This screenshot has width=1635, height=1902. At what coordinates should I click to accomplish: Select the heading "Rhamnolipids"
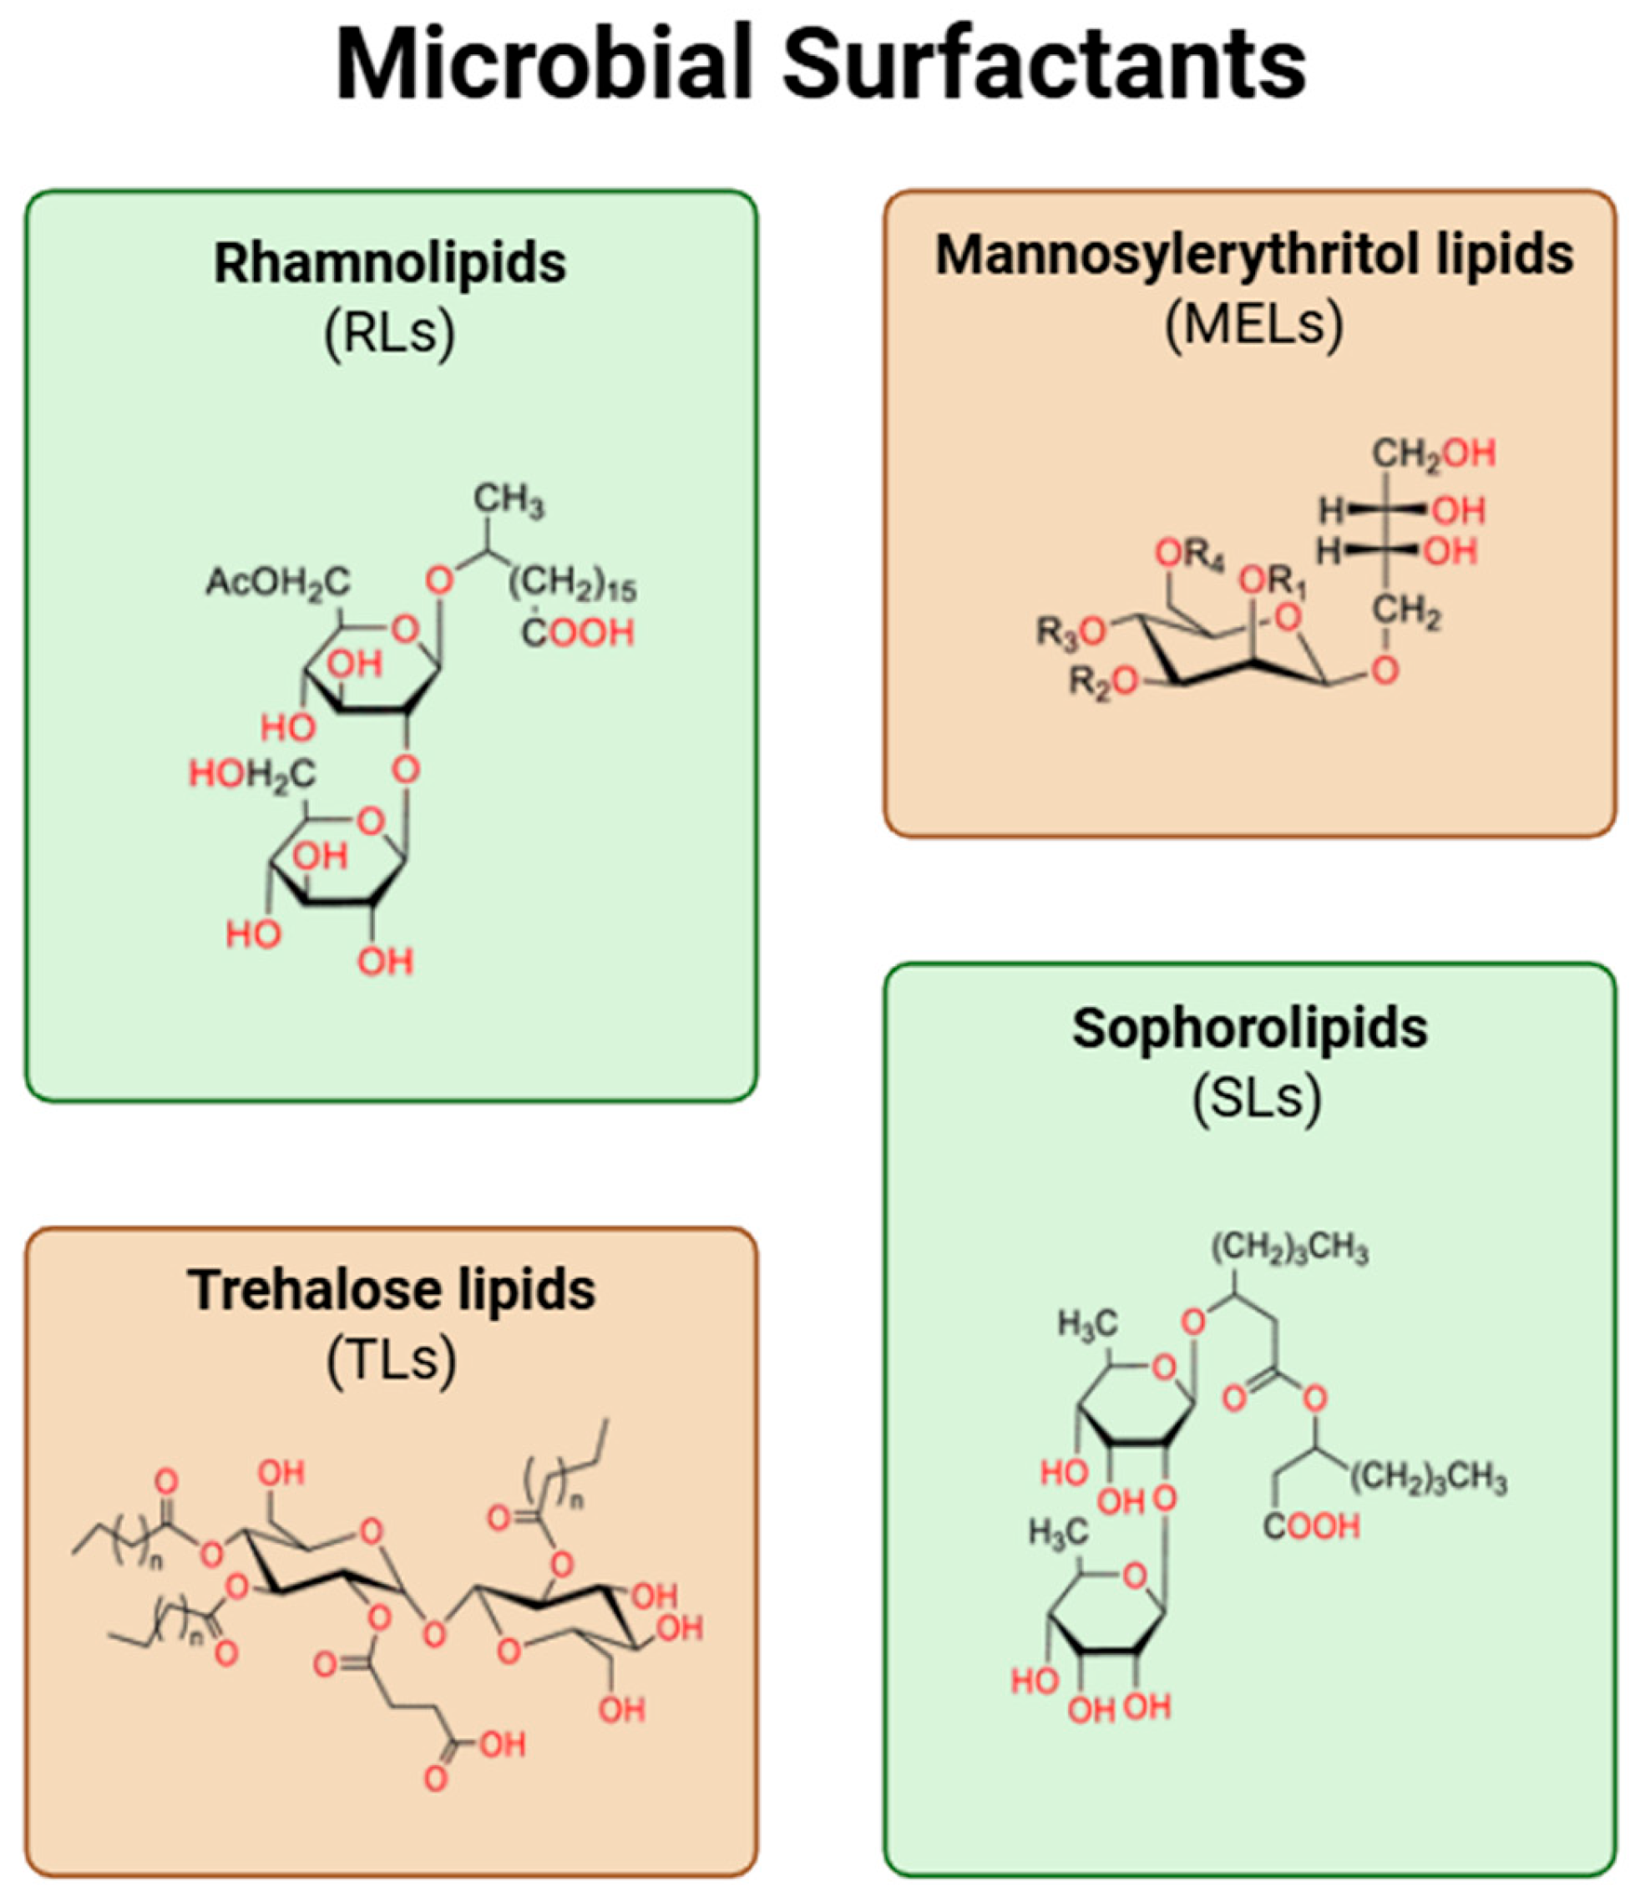pyautogui.click(x=390, y=264)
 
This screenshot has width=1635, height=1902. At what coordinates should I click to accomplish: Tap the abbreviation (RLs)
pyautogui.click(x=390, y=332)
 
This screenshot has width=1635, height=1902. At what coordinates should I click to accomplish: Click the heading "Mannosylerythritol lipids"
pyautogui.click(x=1254, y=255)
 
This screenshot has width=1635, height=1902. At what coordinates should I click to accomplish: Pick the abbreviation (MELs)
pyautogui.click(x=1254, y=323)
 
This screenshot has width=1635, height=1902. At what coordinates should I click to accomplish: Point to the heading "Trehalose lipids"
pyautogui.click(x=392, y=1290)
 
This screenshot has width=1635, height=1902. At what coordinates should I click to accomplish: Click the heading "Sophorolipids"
pyautogui.click(x=1250, y=1027)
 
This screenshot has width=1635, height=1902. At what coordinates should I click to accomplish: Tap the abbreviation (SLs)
pyautogui.click(x=1256, y=1097)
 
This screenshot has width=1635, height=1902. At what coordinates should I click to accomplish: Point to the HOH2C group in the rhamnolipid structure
pyautogui.click(x=252, y=774)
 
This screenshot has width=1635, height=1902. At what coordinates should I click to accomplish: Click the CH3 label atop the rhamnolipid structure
pyautogui.click(x=509, y=500)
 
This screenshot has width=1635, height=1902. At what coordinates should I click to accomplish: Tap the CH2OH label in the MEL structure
pyautogui.click(x=1433, y=453)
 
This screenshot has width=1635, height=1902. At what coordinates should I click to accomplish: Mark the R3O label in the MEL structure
pyautogui.click(x=1071, y=631)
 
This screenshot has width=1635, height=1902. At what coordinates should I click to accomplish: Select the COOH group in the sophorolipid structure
pyautogui.click(x=1311, y=1525)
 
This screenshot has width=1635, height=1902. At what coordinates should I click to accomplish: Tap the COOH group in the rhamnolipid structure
pyautogui.click(x=579, y=633)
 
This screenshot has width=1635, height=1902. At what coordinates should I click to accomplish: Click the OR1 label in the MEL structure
pyautogui.click(x=1273, y=580)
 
